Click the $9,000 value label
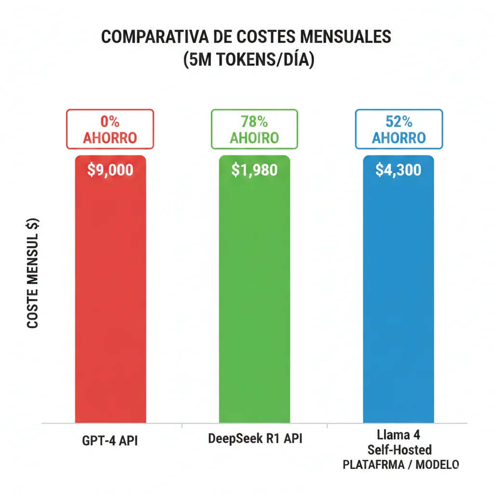[x=110, y=170]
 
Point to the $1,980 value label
[x=254, y=170]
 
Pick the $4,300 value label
[x=398, y=170]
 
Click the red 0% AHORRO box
[x=110, y=129]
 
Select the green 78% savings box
[x=254, y=129]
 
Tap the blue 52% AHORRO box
[x=399, y=129]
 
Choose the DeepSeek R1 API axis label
[x=255, y=439]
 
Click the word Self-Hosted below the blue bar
[x=399, y=450]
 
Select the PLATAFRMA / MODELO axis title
[x=400, y=465]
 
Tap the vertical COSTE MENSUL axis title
[x=33, y=274]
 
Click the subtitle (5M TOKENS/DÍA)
[x=248, y=60]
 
